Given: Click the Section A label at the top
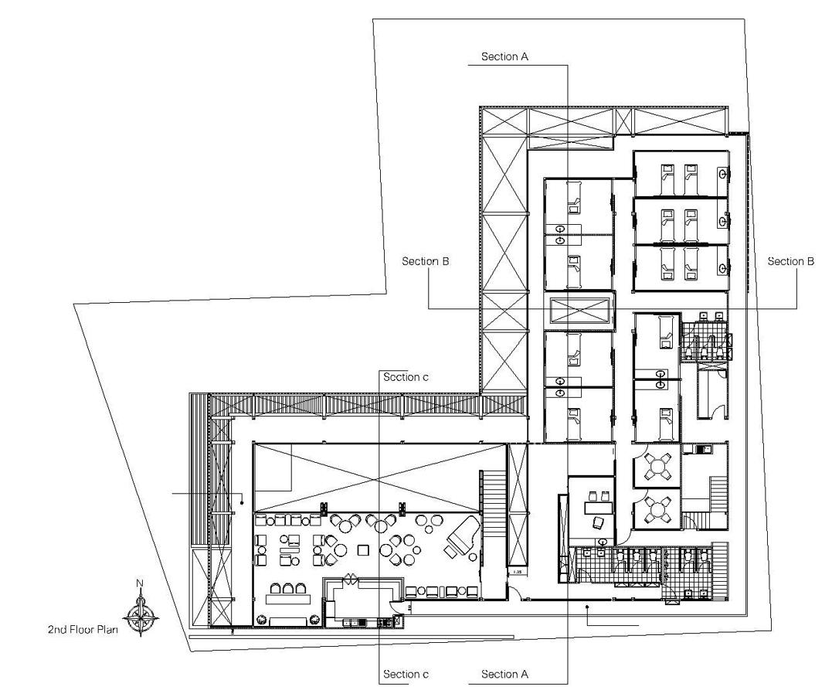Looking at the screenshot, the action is (x=504, y=57).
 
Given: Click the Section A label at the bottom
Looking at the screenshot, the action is (x=504, y=674).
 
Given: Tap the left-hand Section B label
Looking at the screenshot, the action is (x=426, y=261).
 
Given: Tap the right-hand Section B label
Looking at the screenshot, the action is (x=790, y=261).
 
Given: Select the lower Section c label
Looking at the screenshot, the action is (x=406, y=674).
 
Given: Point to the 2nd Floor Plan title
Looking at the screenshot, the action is (x=83, y=630).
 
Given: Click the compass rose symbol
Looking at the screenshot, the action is (x=141, y=617).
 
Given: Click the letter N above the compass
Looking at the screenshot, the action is (x=140, y=583).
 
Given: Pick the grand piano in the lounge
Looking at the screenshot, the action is (x=463, y=537).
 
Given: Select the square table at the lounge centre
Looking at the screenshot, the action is (x=363, y=549).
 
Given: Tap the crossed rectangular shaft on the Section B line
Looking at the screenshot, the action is (x=579, y=311).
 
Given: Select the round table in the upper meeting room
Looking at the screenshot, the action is (x=658, y=467).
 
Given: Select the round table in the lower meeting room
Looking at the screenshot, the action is (x=658, y=510).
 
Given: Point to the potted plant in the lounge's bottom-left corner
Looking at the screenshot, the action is (x=261, y=620).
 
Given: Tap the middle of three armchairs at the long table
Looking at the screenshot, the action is (x=288, y=588).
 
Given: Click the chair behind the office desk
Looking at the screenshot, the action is (x=597, y=523).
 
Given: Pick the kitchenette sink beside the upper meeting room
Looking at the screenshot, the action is (x=705, y=450).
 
